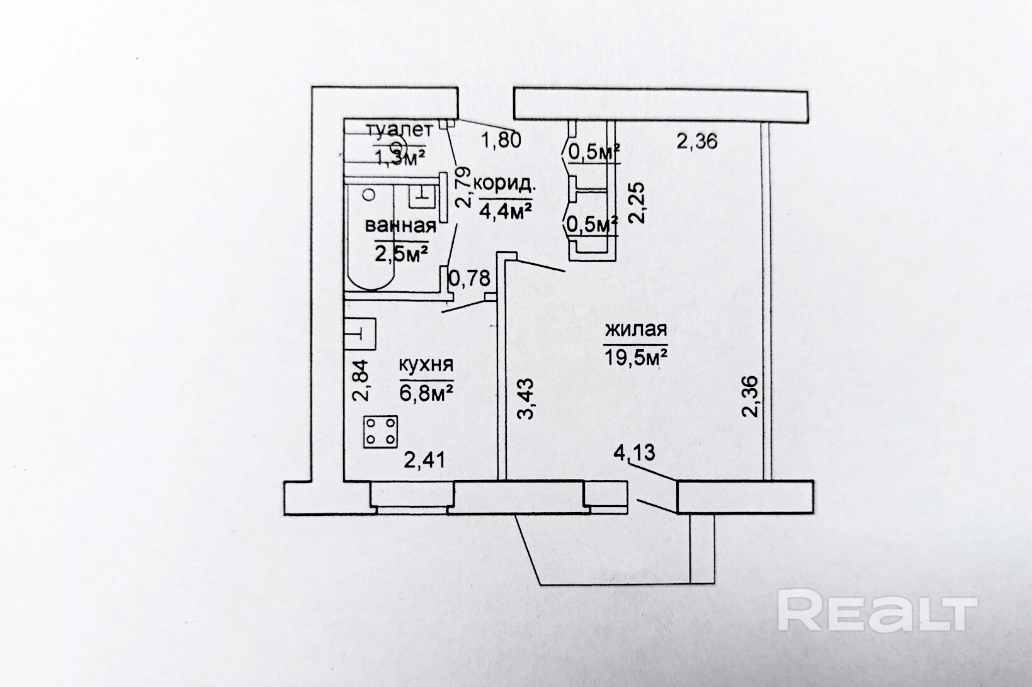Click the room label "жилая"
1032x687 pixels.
635,330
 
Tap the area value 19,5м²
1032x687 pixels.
635,359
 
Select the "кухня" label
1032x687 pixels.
426,365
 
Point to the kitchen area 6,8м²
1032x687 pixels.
426,393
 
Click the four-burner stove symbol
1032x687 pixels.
381,432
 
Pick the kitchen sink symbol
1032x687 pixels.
360,333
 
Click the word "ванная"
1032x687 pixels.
401,226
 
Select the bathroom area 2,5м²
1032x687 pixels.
402,254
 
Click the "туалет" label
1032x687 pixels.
400,131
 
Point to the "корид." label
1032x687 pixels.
505,184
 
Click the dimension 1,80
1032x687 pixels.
501,139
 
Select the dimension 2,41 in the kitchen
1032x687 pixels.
424,461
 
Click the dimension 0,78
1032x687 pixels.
468,277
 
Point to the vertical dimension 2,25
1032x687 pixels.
637,202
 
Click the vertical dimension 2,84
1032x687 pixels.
359,380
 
